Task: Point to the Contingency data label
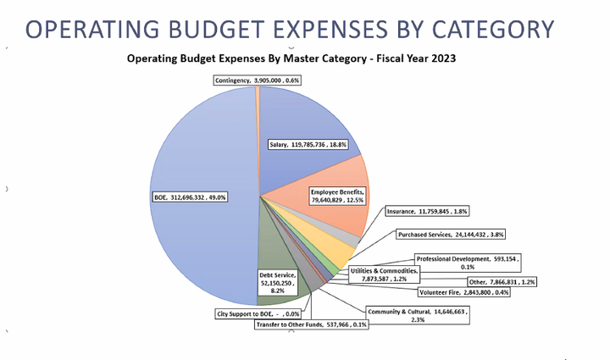click(x=257, y=80)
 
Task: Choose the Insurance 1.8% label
click(x=427, y=210)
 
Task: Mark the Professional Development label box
click(x=468, y=262)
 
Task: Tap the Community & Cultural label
click(x=418, y=315)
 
